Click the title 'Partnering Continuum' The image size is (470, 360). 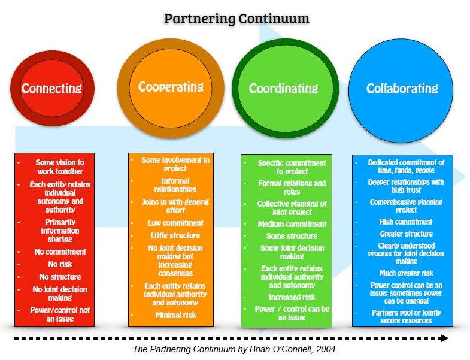pyautogui.click(x=236, y=19)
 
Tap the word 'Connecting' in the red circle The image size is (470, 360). pyautogui.click(x=51, y=89)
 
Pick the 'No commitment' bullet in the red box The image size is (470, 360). pyautogui.click(x=60, y=252)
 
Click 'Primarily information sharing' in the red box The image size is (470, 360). pyautogui.click(x=60, y=231)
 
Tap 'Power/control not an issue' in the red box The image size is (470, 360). pyautogui.click(x=60, y=314)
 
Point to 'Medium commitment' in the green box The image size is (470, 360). pyautogui.click(x=292, y=224)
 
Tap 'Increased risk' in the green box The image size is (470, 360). pyautogui.click(x=292, y=297)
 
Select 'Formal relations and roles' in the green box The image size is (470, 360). pyautogui.click(x=292, y=187)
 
